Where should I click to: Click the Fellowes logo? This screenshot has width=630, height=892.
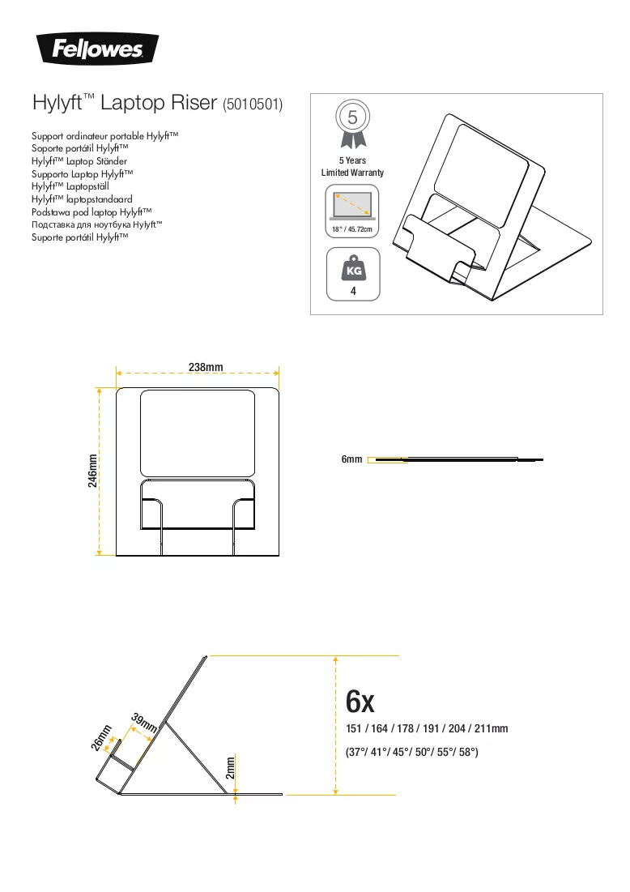tap(97, 49)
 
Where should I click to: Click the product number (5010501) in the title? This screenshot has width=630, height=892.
tap(253, 104)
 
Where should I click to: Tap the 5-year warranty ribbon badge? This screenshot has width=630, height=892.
tap(352, 124)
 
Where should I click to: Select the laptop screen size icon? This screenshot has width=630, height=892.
tap(352, 205)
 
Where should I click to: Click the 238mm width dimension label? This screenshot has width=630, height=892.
tap(206, 367)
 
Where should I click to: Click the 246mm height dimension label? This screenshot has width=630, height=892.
tap(92, 474)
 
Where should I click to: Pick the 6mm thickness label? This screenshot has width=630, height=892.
tap(351, 459)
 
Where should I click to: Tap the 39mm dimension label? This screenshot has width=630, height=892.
tap(144, 723)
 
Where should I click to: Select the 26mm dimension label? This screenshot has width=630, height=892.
tap(101, 738)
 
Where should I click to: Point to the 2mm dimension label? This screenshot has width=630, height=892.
tap(230, 768)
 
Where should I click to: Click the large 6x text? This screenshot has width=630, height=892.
tap(360, 702)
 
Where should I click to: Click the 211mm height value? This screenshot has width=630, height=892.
tap(492, 728)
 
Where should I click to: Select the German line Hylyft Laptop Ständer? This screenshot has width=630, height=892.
tap(79, 161)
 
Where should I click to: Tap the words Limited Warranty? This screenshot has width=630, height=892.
tap(352, 173)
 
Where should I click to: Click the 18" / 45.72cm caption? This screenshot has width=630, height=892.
tap(352, 229)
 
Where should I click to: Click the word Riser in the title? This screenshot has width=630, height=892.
tap(198, 102)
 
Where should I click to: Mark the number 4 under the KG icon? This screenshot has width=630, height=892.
tap(353, 291)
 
